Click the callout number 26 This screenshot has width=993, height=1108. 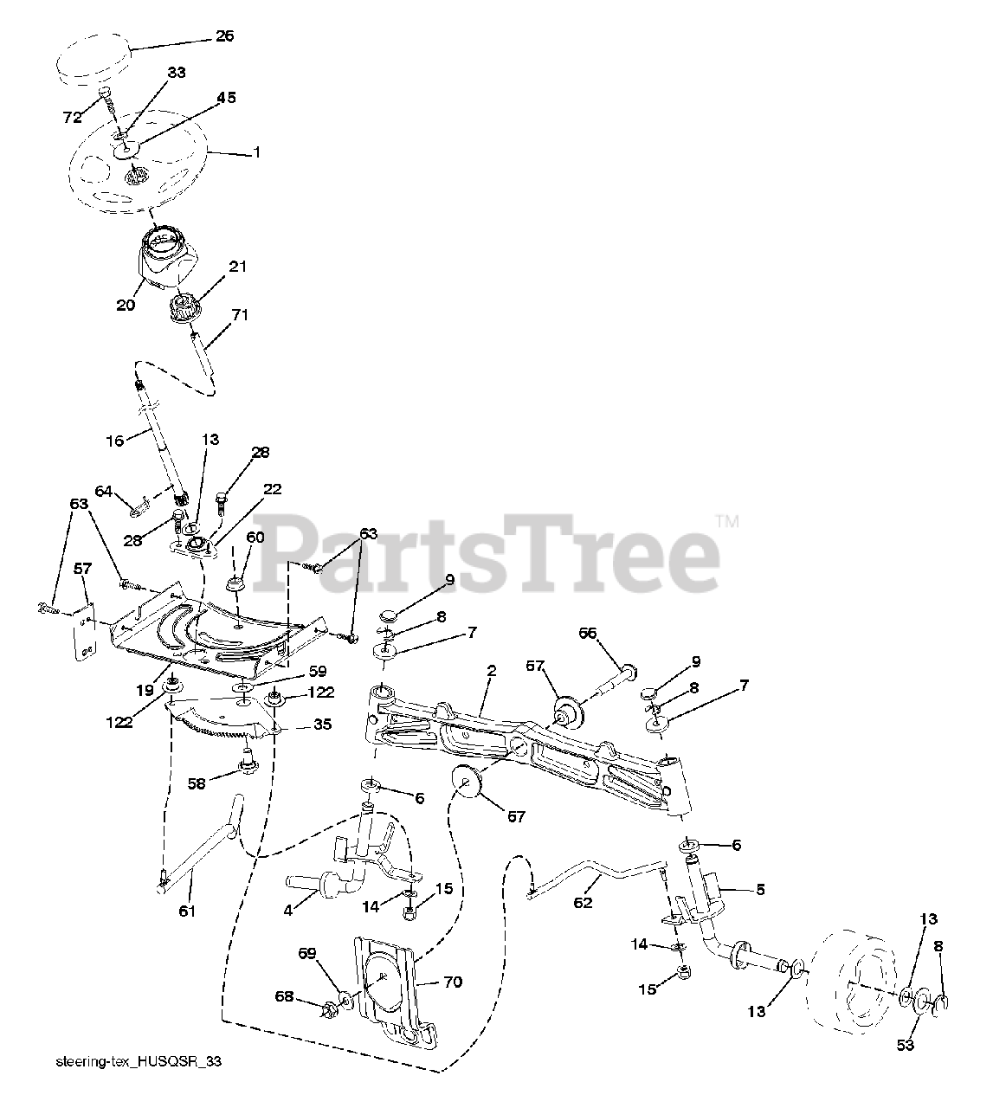click(223, 36)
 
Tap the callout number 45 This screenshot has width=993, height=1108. click(225, 98)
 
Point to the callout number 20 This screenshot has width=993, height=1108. click(126, 305)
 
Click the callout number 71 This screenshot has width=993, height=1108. click(239, 315)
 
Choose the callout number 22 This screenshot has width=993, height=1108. click(272, 489)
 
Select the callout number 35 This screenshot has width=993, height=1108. click(321, 725)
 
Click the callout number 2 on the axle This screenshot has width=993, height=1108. click(490, 671)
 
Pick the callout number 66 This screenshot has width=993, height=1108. click(588, 634)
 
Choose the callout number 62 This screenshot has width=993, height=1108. click(584, 903)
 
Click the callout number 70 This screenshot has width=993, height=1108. click(452, 982)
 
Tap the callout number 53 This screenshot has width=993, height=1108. click(905, 1046)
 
